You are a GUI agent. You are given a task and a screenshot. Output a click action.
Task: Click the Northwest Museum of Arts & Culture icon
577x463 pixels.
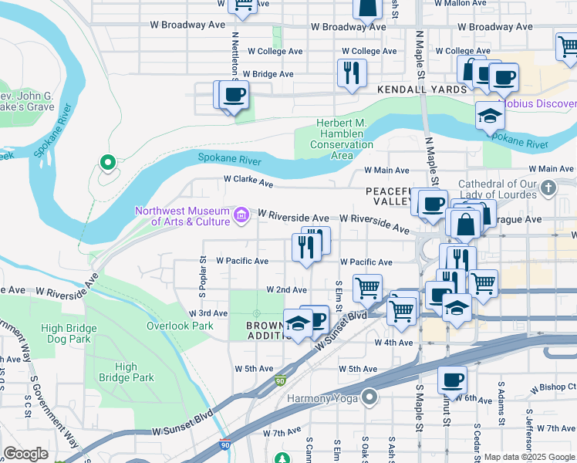pos(241,214)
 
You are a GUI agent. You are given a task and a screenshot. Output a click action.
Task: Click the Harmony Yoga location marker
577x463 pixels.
pos(369,398)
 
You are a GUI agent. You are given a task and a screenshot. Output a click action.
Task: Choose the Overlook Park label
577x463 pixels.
pos(180,326)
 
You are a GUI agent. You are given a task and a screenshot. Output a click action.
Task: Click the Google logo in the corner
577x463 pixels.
pos(26,455)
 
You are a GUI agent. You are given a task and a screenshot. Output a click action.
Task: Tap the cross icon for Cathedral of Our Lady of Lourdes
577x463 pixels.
pos(548,188)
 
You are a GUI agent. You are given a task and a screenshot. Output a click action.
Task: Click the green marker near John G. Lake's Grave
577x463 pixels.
pos(108,162)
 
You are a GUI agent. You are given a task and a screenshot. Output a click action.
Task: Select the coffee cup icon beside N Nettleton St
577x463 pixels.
pos(233,95)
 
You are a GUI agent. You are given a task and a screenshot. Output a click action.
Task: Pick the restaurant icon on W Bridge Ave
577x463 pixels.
pos(351,73)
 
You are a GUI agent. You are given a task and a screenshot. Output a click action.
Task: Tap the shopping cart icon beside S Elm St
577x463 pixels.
pos(367,288)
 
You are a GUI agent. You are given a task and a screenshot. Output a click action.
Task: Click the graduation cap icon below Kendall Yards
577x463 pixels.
pos(489,116)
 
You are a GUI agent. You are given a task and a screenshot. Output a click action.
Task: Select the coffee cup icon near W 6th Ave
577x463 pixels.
pos(452,380)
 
